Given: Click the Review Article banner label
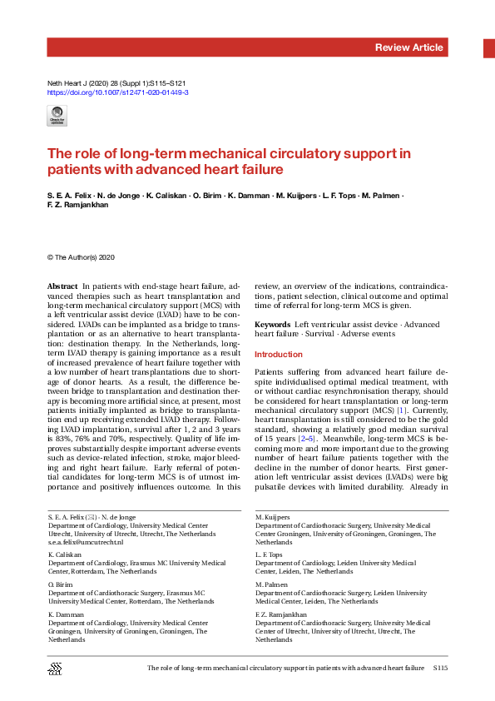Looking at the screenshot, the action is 408,47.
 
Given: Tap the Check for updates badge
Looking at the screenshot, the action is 57,117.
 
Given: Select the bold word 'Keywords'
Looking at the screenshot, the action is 272,323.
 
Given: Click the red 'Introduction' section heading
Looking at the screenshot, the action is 279,355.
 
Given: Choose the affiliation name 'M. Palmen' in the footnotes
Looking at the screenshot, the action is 269,584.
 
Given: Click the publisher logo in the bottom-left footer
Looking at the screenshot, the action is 56,669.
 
